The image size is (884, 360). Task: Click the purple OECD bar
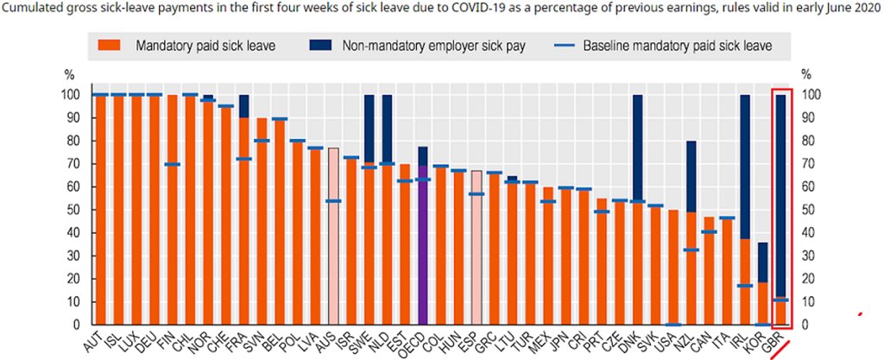click(x=423, y=250)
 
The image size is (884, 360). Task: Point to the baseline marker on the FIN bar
click(x=173, y=164)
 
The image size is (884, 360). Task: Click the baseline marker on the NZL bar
click(x=691, y=250)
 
